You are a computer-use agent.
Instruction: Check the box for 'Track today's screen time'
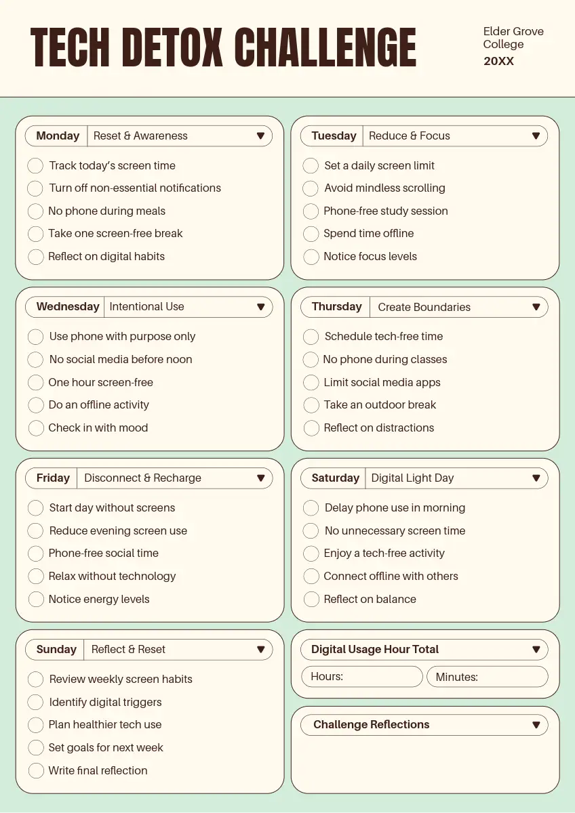pyautogui.click(x=35, y=166)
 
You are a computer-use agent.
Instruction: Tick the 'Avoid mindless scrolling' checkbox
pyautogui.click(x=311, y=188)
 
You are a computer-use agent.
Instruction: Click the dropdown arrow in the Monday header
pyautogui.click(x=260, y=136)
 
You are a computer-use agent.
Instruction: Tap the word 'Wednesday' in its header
pyautogui.click(x=68, y=307)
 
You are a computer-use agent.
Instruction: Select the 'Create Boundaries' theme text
pyautogui.click(x=424, y=307)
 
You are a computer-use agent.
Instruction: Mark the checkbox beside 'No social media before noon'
pyautogui.click(x=35, y=360)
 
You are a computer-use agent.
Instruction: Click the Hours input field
pyautogui.click(x=362, y=677)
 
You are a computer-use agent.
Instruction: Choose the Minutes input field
pyautogui.click(x=487, y=677)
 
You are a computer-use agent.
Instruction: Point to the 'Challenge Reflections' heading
pyautogui.click(x=371, y=725)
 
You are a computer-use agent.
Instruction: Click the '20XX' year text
pyautogui.click(x=498, y=61)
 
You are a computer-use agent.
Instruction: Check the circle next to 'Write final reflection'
pyautogui.click(x=36, y=771)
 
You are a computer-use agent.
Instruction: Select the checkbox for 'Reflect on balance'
pyautogui.click(x=311, y=600)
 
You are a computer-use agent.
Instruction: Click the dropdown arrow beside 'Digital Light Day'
pyautogui.click(x=536, y=478)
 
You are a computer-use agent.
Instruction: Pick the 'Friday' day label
pyautogui.click(x=53, y=478)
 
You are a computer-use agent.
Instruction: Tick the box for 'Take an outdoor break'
pyautogui.click(x=311, y=405)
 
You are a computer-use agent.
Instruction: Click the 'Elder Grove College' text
pyautogui.click(x=513, y=38)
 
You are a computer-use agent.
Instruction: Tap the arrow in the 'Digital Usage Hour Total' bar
pyautogui.click(x=536, y=650)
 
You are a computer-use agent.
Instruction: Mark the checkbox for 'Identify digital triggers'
pyautogui.click(x=36, y=703)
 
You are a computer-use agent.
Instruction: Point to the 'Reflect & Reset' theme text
pyautogui.click(x=128, y=650)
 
